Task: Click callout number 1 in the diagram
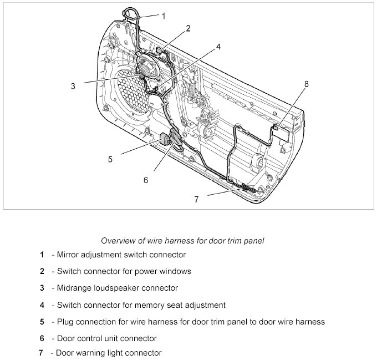(164, 16)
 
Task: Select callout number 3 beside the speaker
(73, 86)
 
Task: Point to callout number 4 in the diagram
(218, 47)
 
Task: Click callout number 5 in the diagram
(110, 159)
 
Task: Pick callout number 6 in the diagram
(146, 180)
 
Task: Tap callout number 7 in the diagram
(196, 200)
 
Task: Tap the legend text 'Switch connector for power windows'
(124, 272)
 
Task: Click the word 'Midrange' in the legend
(74, 288)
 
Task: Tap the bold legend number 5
(42, 321)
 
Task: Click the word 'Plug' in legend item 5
(65, 321)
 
